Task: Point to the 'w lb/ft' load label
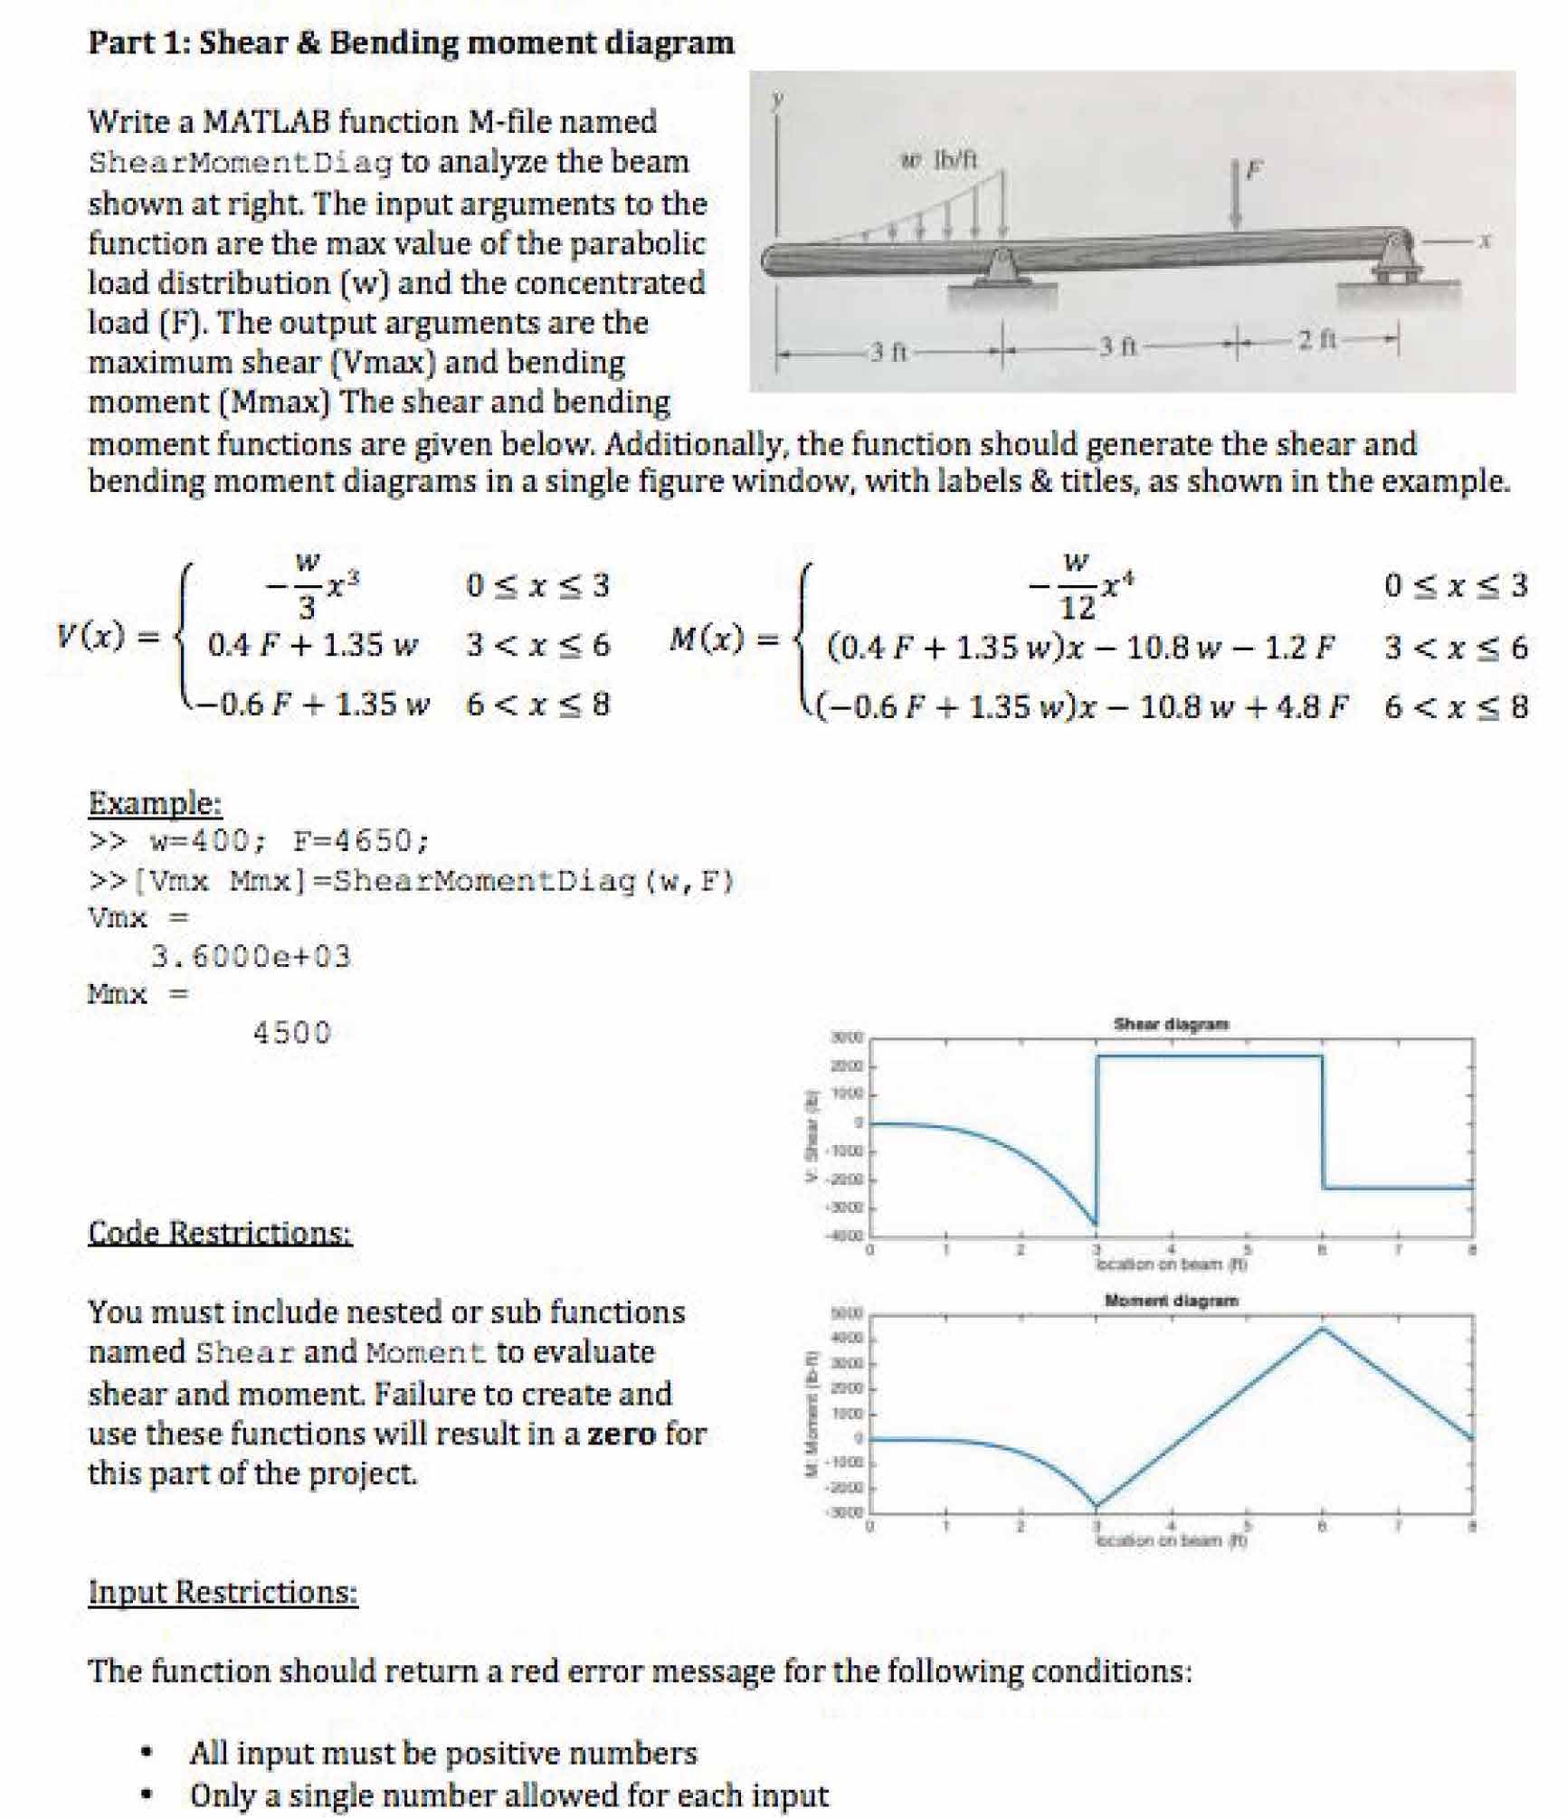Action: [940, 160]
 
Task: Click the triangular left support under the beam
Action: [1001, 268]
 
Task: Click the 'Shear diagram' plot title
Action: [1171, 1024]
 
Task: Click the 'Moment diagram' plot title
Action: [1171, 1300]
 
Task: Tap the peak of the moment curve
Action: [1322, 1328]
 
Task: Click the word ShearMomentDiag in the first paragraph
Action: [241, 163]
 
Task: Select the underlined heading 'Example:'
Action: [155, 802]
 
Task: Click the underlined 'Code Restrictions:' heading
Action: [220, 1232]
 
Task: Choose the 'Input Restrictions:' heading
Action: [223, 1591]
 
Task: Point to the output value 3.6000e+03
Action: [251, 956]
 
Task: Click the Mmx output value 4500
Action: [292, 1032]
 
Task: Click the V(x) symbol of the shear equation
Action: [90, 637]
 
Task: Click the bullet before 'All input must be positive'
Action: [145, 1752]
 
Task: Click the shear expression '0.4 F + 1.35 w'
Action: [312, 645]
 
